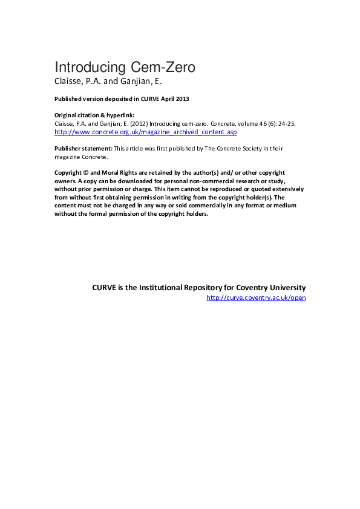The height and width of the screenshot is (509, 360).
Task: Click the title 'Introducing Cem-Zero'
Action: tap(125, 67)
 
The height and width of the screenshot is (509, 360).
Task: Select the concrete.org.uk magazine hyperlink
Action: tap(146, 131)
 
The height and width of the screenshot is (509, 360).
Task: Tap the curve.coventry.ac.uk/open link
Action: tap(256, 297)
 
